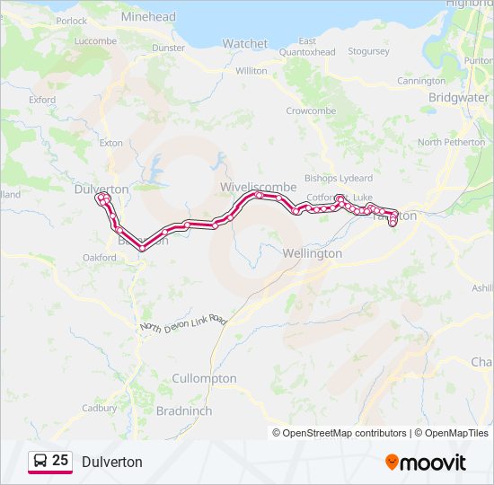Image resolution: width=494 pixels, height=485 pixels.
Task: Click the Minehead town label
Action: click(x=148, y=16)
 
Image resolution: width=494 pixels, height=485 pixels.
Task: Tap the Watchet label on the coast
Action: click(x=245, y=43)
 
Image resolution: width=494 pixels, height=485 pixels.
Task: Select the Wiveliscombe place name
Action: click(x=258, y=186)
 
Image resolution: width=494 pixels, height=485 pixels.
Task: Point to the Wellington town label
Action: click(x=312, y=253)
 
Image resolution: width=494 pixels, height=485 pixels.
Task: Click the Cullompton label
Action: click(x=204, y=378)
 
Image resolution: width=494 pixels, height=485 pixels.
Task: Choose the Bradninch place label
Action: click(x=183, y=410)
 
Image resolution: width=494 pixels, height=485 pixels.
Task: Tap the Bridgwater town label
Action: click(x=458, y=97)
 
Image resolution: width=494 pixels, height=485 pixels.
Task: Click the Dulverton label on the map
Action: click(x=101, y=190)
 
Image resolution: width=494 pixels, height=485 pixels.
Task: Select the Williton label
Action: click(x=251, y=70)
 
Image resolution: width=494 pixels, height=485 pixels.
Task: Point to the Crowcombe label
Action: click(x=311, y=110)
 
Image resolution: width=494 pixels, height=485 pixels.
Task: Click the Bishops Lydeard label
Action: click(x=339, y=178)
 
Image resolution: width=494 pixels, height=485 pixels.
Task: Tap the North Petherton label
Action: click(x=451, y=142)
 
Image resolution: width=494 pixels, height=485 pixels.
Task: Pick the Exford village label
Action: click(x=41, y=100)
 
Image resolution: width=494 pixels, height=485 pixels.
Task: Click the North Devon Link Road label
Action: click(x=184, y=325)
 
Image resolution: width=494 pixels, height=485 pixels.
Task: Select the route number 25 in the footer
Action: click(x=60, y=461)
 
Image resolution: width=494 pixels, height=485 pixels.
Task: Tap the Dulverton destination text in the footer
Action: click(x=112, y=462)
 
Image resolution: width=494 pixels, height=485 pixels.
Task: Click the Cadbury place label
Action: click(x=100, y=408)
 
